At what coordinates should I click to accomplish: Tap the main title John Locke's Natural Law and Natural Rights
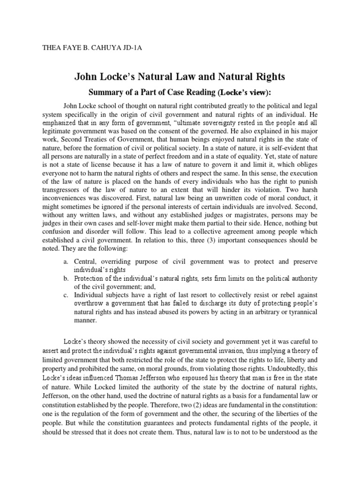coord(180,76)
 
